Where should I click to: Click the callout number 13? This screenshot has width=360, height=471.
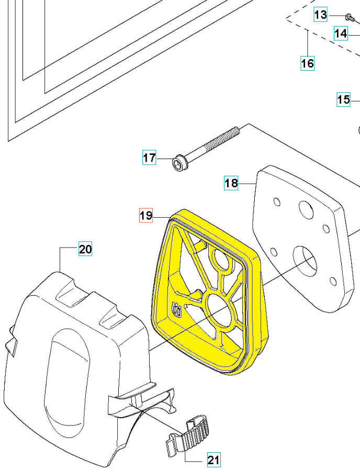click(320, 15)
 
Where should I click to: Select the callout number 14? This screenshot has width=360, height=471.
click(341, 33)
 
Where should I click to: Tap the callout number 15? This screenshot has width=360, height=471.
click(343, 99)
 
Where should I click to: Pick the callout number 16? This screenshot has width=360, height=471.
click(307, 63)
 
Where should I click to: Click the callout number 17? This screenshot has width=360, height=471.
click(149, 158)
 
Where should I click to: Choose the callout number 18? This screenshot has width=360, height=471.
click(231, 183)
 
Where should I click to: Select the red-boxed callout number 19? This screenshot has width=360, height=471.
click(145, 215)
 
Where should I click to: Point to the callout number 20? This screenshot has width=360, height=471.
click(85, 249)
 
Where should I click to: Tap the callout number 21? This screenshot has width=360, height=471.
click(213, 460)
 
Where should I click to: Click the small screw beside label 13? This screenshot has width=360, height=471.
click(348, 18)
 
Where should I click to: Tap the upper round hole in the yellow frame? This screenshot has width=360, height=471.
click(221, 261)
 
